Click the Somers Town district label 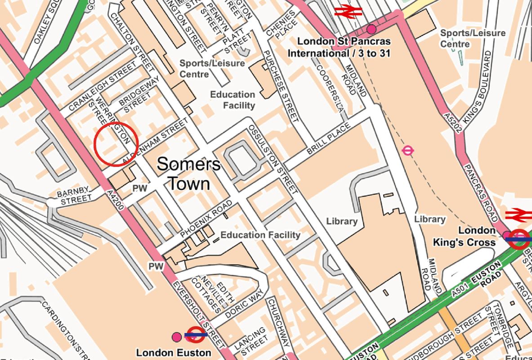(188, 174)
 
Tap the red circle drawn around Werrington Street (115, 144)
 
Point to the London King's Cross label (464, 236)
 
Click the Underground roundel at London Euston (196, 335)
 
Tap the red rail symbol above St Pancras (348, 11)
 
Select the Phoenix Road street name (206, 219)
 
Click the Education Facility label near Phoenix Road (260, 235)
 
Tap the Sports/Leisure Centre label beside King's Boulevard (472, 38)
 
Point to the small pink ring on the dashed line (408, 151)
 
